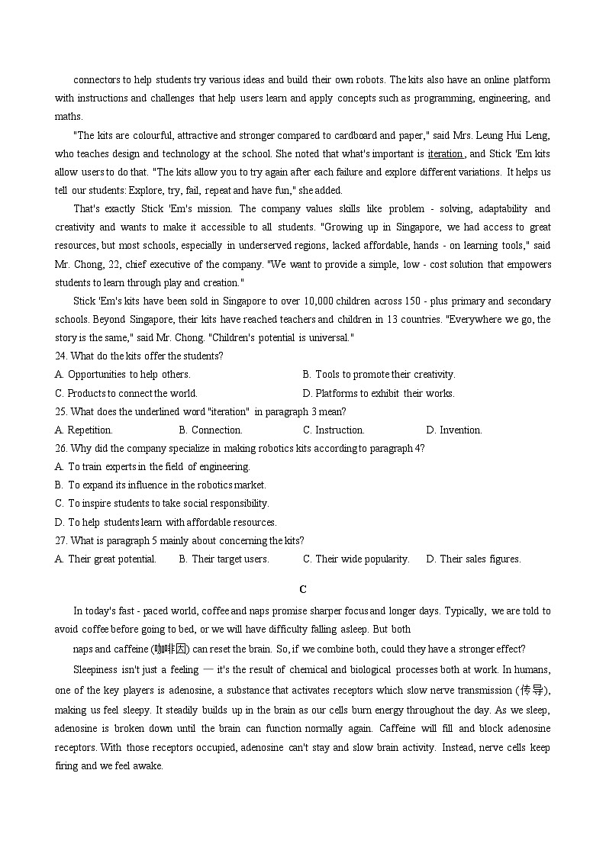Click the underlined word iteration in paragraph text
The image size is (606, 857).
pyautogui.click(x=445, y=153)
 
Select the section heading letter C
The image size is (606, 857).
pyautogui.click(x=303, y=589)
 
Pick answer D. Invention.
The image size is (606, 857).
pyautogui.click(x=454, y=430)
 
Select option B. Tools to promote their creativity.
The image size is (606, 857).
pyautogui.click(x=379, y=374)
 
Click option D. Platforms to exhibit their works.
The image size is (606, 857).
pyautogui.click(x=379, y=393)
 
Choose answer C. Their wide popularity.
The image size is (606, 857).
pyautogui.click(x=356, y=559)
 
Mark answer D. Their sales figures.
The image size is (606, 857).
pyautogui.click(x=473, y=559)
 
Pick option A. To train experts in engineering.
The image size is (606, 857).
pyautogui.click(x=153, y=466)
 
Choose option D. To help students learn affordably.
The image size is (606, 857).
pyautogui.click(x=166, y=522)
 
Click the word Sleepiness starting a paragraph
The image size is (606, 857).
pyautogui.click(x=95, y=670)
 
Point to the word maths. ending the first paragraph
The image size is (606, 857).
pyautogui.click(x=69, y=117)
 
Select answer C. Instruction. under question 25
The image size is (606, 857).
pyautogui.click(x=334, y=430)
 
